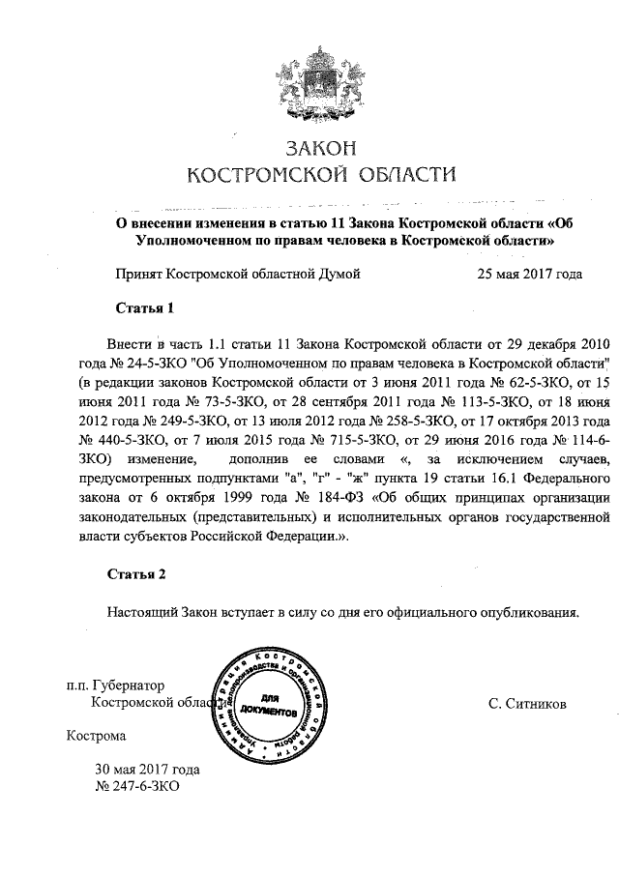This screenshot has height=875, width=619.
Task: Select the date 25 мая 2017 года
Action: pos(529,274)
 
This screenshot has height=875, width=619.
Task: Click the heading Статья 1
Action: pos(144,308)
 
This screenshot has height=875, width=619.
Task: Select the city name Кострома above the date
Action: pos(96,736)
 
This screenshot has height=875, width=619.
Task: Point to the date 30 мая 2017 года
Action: pos(147,770)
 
